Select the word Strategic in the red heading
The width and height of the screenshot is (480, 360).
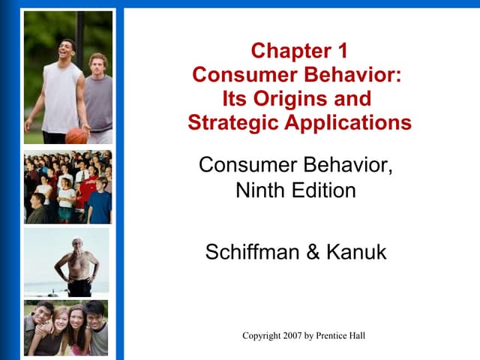pos(233,122)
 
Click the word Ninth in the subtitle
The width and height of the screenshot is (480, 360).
pos(261,190)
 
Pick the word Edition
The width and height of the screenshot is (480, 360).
pos(323,190)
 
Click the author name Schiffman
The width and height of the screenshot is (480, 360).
pos(253,252)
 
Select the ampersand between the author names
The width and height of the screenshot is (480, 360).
pos(312,252)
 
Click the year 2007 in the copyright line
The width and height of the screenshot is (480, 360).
pos(295,335)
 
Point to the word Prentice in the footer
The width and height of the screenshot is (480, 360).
pos(331,335)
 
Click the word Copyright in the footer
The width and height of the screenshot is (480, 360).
pos(261,335)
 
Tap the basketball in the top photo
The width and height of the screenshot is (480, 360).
pos(76,136)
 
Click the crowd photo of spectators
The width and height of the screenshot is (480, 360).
pos(67,187)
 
